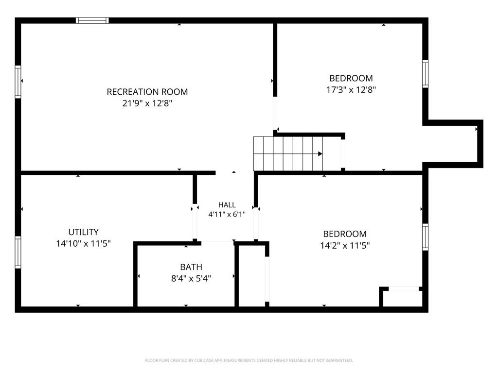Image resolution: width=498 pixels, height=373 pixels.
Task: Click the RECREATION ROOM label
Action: pos(147,92)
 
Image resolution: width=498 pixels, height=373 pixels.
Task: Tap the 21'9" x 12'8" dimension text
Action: pos(147,103)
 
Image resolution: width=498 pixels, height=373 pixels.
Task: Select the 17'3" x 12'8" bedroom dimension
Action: pos(351,89)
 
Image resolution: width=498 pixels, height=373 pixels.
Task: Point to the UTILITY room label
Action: pos(83,232)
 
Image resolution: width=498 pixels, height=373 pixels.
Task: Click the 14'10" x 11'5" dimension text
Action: pos(83,244)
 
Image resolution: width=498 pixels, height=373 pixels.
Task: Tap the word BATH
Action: pos(191,267)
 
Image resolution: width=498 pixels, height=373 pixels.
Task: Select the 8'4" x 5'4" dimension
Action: pos(191,278)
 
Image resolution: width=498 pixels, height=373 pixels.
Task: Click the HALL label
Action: pos(227,205)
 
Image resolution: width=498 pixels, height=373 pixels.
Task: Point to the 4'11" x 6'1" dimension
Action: pos(227,214)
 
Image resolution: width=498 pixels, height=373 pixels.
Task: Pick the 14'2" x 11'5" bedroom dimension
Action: pos(345,245)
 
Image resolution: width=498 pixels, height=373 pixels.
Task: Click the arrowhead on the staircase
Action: pos(320,154)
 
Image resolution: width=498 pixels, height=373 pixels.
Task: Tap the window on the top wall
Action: pos(92,20)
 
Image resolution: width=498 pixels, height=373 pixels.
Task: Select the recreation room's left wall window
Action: pos(18,82)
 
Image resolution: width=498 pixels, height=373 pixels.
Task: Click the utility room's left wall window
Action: pos(18,252)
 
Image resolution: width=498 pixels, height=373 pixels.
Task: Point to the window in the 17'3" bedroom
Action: pos(425,74)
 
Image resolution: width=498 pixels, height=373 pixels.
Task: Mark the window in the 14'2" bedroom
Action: pos(425,237)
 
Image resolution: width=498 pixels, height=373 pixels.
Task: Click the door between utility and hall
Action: pos(195,223)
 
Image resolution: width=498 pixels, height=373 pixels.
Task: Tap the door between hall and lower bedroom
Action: pos(256,223)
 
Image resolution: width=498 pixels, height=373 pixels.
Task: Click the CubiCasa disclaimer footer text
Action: pos(249,360)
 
